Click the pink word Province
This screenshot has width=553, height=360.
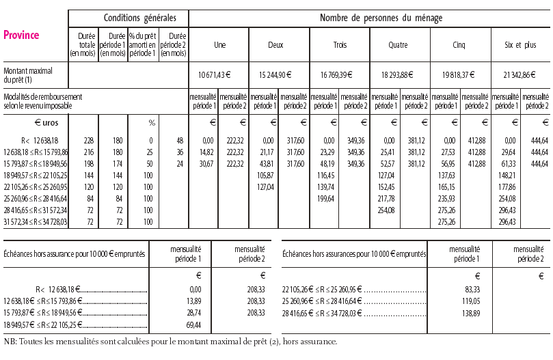(21, 36)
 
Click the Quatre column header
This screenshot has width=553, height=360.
(398, 45)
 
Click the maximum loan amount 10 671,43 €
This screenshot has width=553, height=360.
(219, 74)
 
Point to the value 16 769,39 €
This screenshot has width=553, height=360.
(340, 74)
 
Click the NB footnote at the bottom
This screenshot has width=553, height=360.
(170, 342)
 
